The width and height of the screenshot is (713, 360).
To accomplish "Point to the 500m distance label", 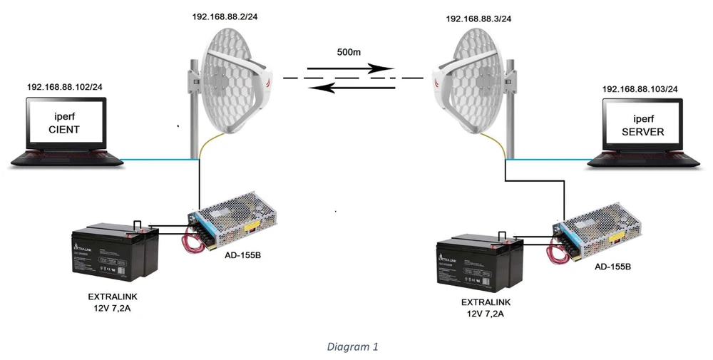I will (x=351, y=53).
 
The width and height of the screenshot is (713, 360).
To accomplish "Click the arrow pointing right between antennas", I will (x=349, y=69).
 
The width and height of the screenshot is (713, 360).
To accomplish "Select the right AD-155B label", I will (x=611, y=266).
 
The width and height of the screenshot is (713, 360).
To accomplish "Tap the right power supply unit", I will (x=599, y=230).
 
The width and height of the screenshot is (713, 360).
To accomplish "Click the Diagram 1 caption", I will (x=352, y=347).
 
